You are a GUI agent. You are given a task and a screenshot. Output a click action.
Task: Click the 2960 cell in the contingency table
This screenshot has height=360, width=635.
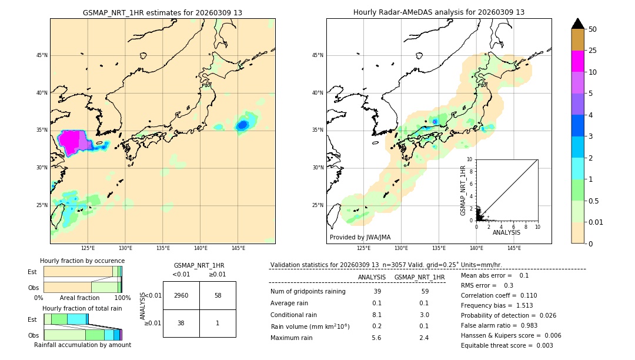[181, 295]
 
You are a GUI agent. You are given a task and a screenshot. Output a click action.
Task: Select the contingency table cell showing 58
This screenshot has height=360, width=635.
[218, 295]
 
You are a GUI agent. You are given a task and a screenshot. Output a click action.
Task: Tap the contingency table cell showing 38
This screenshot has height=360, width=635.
[181, 324]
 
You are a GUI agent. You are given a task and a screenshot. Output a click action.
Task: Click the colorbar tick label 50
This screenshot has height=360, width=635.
[593, 29]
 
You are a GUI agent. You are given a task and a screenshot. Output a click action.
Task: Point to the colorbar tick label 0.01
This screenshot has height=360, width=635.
[596, 222]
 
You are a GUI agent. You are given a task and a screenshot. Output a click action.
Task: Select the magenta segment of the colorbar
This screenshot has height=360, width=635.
[578, 61]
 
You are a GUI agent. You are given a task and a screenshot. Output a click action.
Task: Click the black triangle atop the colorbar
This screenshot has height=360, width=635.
[578, 24]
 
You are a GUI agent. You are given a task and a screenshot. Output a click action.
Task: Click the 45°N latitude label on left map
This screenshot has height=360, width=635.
[42, 55]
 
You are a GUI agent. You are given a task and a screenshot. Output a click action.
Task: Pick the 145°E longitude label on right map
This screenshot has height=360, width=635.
[514, 248]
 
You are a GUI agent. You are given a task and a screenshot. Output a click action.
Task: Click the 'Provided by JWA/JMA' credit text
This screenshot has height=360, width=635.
[360, 238]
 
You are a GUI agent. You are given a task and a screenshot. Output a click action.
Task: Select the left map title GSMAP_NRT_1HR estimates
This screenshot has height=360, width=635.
[162, 12]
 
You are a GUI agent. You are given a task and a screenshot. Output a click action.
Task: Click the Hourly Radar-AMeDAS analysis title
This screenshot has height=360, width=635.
[439, 12]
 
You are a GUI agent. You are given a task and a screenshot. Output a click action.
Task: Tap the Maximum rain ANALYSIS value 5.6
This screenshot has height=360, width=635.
[376, 338]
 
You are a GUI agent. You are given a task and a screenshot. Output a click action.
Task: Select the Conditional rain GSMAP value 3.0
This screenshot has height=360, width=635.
[423, 315]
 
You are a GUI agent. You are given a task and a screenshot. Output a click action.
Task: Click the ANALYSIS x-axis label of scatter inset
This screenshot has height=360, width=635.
[506, 232]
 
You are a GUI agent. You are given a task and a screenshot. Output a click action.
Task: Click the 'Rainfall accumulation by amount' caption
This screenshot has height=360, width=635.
[82, 345]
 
